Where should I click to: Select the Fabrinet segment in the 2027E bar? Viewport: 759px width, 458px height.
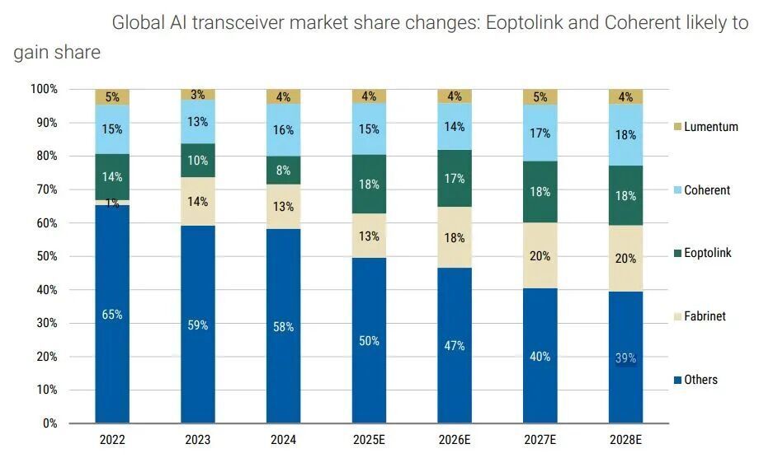[x=540, y=255]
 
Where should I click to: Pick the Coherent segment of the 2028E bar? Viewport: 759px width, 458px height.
[x=626, y=134]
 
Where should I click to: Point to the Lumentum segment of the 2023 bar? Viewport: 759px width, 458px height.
[x=198, y=95]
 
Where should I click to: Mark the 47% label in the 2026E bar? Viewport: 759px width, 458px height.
[x=455, y=345]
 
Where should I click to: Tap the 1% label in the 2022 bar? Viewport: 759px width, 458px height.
[x=112, y=203]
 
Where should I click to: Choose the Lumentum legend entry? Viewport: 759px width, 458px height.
[x=705, y=127]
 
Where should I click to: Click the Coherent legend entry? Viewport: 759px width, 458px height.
[x=702, y=190]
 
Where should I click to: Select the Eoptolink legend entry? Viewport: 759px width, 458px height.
[x=703, y=253]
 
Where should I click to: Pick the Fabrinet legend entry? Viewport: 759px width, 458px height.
[x=700, y=316]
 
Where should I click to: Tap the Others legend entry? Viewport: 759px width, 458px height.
[x=695, y=380]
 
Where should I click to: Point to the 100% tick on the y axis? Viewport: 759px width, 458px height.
[x=44, y=89]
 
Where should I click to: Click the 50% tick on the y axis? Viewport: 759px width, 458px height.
[x=47, y=256]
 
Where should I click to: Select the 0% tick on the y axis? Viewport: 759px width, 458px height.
[x=50, y=423]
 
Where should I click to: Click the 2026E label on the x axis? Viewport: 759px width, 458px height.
[x=455, y=441]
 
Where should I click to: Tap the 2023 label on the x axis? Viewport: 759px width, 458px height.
[x=198, y=441]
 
